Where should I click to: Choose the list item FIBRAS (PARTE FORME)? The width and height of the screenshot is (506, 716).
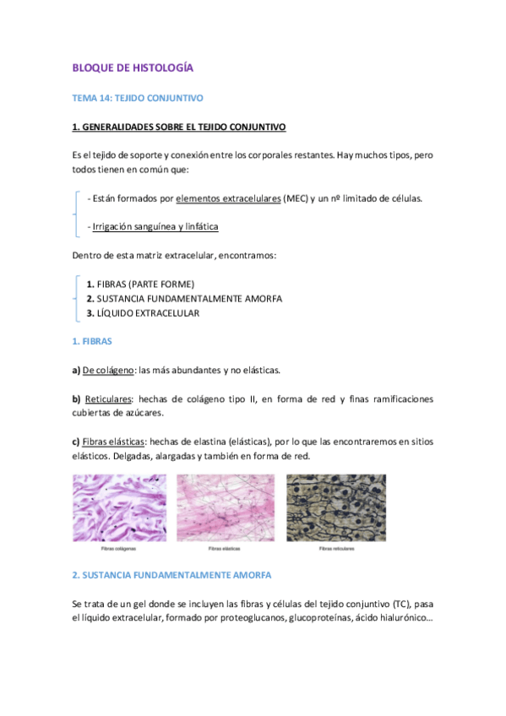145,284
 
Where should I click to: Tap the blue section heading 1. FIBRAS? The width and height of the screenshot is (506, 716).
92,341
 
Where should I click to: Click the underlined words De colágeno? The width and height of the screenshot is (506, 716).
108,370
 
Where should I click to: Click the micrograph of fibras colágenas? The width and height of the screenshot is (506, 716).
119,506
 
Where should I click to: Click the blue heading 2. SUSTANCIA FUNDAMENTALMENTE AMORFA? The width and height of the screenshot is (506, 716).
171,574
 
